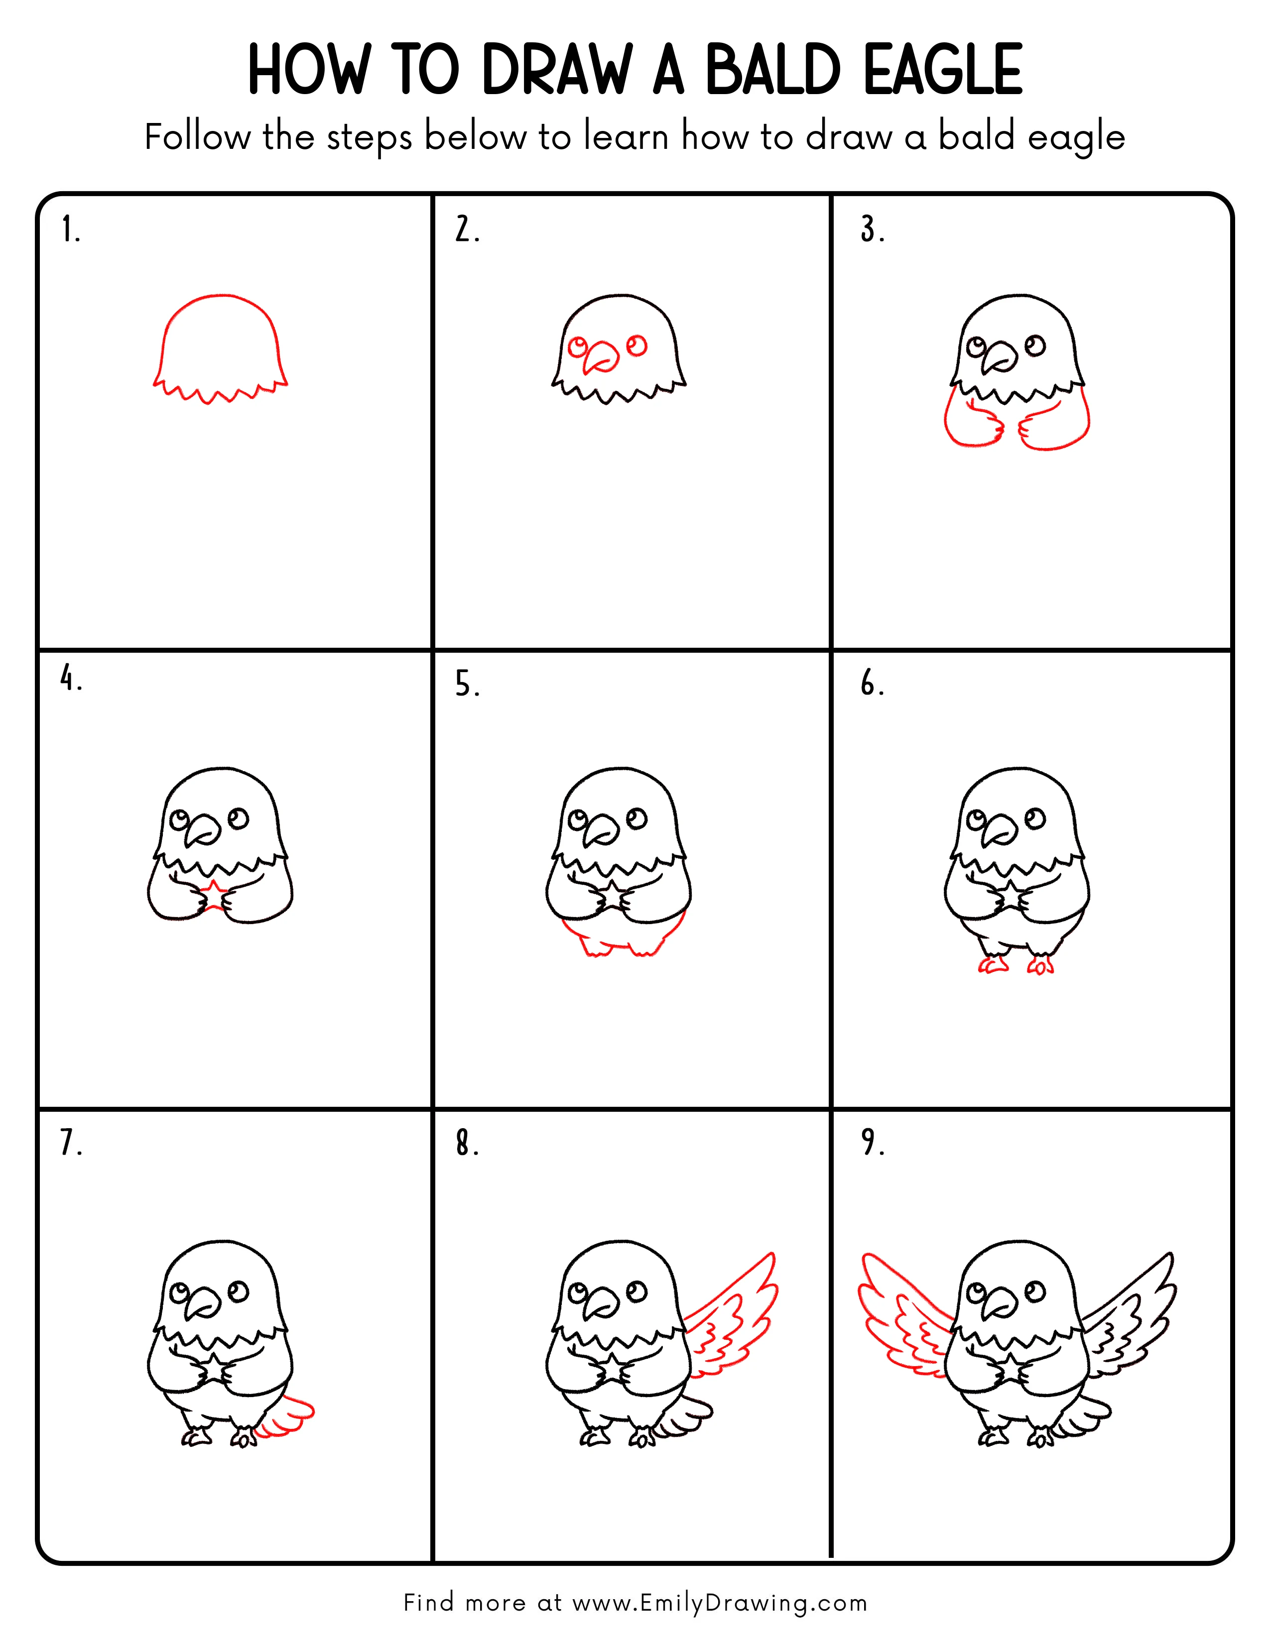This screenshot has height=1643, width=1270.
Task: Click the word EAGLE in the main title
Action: pyautogui.click(x=943, y=70)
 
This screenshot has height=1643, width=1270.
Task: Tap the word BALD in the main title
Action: pyautogui.click(x=772, y=70)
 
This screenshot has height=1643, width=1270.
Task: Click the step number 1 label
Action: pyautogui.click(x=70, y=230)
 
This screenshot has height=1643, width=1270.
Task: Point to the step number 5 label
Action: pyautogui.click(x=467, y=685)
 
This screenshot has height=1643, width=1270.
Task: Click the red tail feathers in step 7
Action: pyautogui.click(x=288, y=1418)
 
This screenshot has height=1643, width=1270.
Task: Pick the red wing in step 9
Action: pyautogui.click(x=903, y=1316)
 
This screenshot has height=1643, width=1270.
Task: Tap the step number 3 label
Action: pyautogui.click(x=873, y=230)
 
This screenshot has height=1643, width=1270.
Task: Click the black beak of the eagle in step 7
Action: pyautogui.click(x=202, y=1302)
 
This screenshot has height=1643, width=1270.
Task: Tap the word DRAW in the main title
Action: pyautogui.click(x=557, y=70)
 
